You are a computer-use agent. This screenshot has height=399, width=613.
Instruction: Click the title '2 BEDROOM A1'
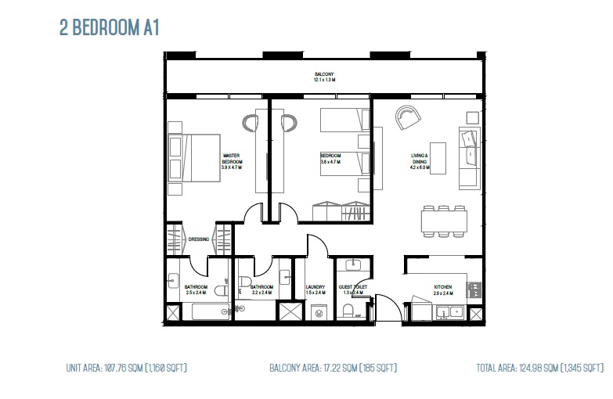coord(110,28)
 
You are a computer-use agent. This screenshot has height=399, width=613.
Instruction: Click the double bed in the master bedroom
coord(193,157)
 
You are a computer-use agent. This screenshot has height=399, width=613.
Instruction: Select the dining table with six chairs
coord(443,221)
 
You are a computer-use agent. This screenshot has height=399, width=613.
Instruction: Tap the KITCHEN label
coord(442,287)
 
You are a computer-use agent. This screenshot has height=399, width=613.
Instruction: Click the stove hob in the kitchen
coord(473,289)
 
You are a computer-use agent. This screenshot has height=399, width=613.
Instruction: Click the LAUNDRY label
coord(316,287)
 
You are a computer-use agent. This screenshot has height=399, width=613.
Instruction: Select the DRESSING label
coord(198,239)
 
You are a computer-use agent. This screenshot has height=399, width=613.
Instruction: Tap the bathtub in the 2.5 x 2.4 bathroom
coord(207,312)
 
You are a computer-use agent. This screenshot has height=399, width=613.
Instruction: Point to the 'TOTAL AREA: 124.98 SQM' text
coord(540,367)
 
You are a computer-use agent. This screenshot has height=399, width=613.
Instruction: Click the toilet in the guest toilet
coord(348,312)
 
